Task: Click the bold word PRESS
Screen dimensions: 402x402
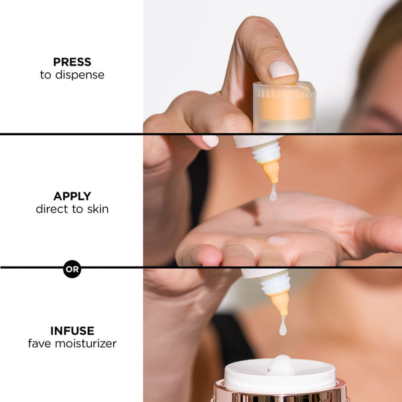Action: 72,62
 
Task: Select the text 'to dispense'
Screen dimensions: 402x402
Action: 72,75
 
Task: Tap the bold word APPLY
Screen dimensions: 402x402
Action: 72,196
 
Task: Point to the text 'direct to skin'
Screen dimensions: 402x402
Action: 72,209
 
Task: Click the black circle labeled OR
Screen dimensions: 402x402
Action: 72,269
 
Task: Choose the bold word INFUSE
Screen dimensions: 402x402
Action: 72,330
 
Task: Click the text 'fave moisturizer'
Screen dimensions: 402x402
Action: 72,344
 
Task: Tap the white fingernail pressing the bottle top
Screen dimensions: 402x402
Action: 281,69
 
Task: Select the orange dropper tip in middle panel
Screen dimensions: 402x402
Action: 271,172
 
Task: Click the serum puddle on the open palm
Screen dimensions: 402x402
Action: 277,241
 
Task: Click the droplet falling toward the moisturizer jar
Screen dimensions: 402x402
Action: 283,326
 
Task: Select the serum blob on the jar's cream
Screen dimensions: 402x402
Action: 281,364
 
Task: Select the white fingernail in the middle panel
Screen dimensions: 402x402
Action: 210,141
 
